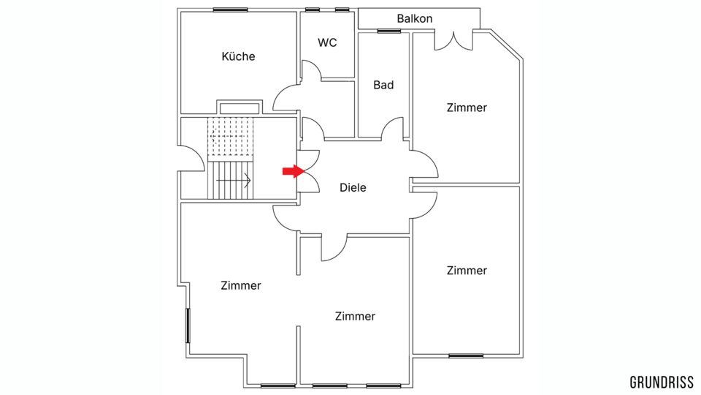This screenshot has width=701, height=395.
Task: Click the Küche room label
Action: point(238,56)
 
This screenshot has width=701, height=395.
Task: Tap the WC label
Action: point(327,42)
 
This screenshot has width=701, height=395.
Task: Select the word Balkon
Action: point(415,19)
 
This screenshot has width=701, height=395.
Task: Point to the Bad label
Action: point(383,85)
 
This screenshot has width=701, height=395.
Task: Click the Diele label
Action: point(353,188)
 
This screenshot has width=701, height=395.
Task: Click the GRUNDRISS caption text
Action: point(662,383)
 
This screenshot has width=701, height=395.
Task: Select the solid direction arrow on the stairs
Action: point(234,181)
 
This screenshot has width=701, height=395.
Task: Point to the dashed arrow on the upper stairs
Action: point(229,136)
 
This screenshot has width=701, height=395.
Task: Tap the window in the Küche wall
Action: point(230,10)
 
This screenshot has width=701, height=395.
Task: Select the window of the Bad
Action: point(389,31)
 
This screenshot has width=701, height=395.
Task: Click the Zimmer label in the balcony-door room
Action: point(467,108)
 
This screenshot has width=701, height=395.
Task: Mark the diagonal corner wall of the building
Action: point(506,45)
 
